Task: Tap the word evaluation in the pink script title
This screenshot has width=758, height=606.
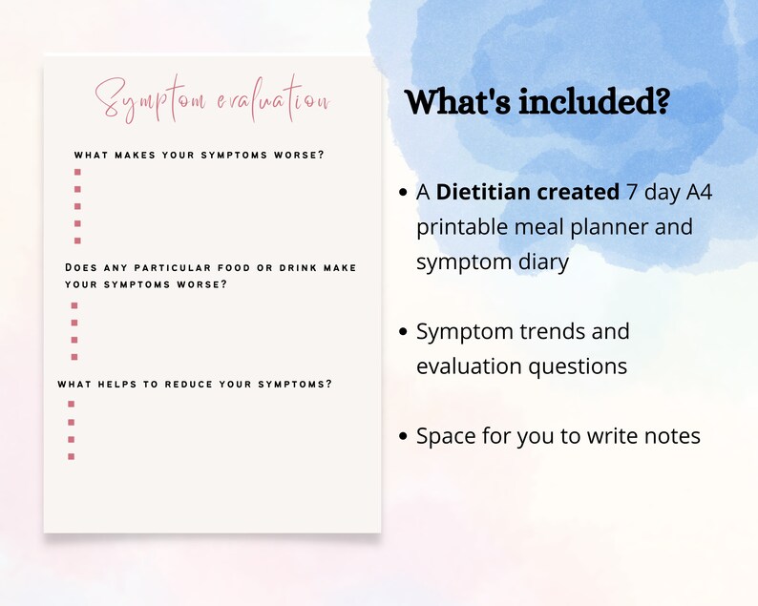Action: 271,101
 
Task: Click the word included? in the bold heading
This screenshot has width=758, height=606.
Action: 593,102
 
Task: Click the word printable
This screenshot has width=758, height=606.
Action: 462,228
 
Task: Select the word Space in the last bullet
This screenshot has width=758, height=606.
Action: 444,436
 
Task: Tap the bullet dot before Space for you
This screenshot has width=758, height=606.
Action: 405,437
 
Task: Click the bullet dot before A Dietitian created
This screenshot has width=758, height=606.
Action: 405,193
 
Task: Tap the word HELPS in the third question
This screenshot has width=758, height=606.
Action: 106,385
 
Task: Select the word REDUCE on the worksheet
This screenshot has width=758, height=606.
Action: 191,385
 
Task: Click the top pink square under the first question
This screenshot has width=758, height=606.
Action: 77,173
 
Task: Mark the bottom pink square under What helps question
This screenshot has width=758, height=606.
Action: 71,456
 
